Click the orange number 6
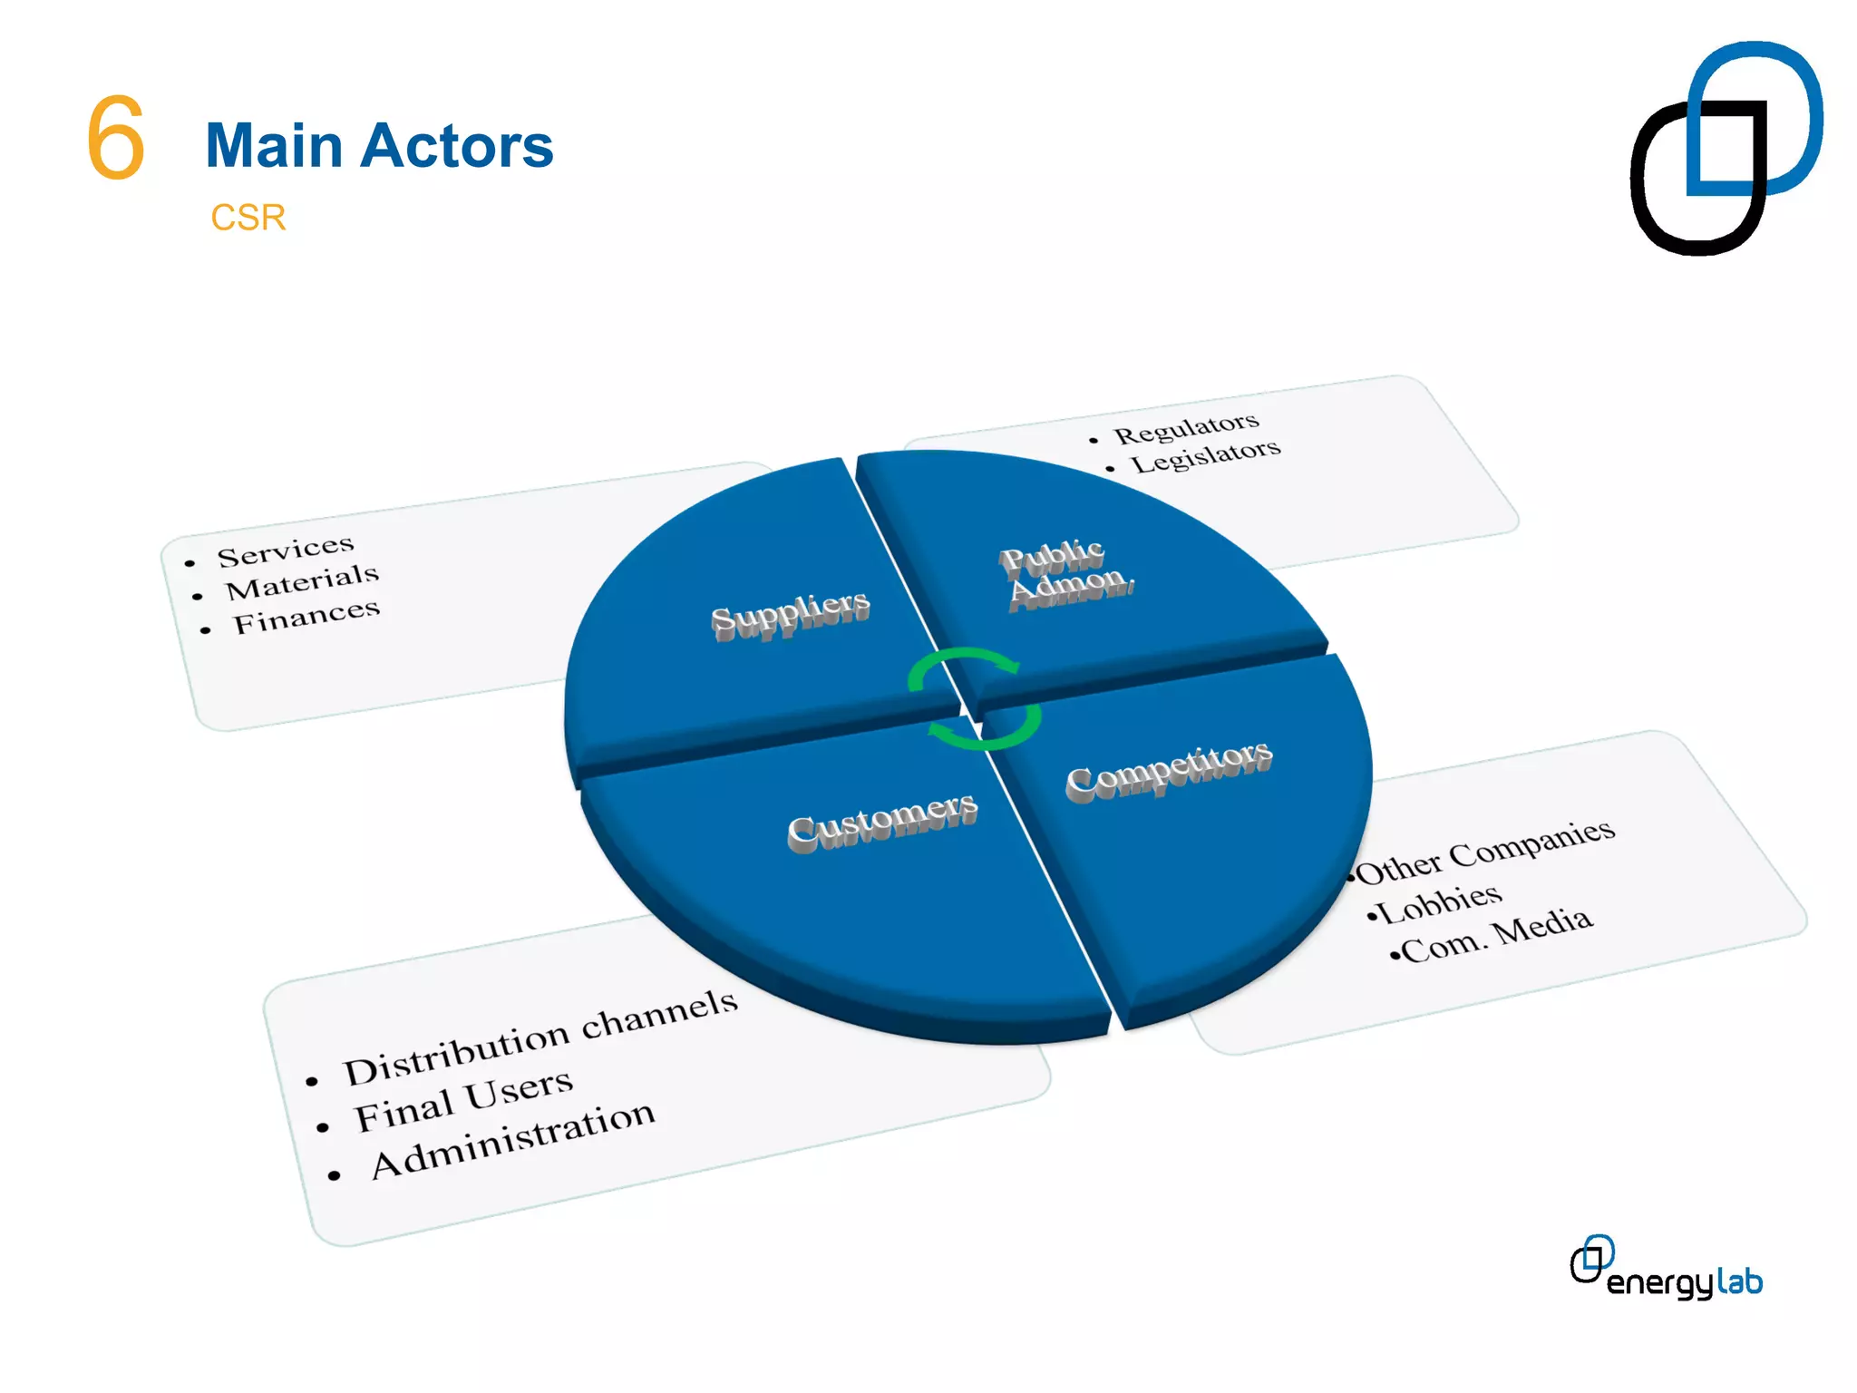[115, 138]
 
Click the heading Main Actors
[379, 146]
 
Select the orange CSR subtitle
[248, 218]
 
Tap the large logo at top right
[1726, 148]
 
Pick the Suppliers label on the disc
[790, 614]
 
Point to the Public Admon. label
[1065, 573]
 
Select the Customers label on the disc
[882, 821]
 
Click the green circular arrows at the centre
[974, 698]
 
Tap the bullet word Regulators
[1186, 427]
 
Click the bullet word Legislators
[1205, 456]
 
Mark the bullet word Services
[285, 550]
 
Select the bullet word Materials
[302, 581]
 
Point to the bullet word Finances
[306, 616]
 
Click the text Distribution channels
[540, 1037]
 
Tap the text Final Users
[462, 1100]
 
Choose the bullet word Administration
[512, 1139]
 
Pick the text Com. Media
[1495, 935]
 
